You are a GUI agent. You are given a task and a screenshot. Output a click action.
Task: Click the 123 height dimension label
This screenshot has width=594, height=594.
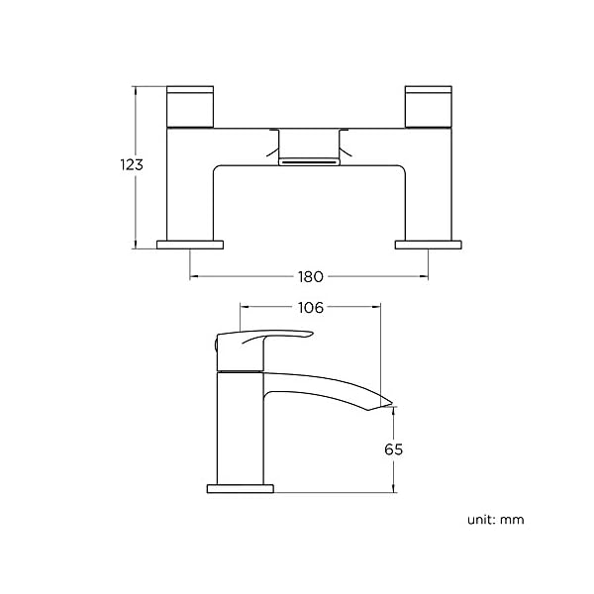[132, 164]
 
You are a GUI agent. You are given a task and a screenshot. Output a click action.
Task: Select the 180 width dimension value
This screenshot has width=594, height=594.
[310, 277]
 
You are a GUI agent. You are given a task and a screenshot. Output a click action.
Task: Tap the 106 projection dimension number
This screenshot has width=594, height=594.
[311, 308]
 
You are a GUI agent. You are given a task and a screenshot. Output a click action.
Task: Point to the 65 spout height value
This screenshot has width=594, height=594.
[394, 449]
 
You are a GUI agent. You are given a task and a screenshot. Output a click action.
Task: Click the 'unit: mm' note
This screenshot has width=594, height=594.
[496, 520]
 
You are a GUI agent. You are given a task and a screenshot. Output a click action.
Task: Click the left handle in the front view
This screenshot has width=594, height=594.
[190, 107]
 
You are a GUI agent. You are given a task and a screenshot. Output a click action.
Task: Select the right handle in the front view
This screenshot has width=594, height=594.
[429, 107]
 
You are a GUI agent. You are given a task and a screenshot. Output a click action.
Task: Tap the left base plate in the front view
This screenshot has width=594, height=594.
[190, 245]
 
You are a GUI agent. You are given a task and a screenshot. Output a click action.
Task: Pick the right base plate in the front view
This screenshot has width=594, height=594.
[429, 245]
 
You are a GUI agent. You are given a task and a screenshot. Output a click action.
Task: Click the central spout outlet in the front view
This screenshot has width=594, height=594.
[309, 162]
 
